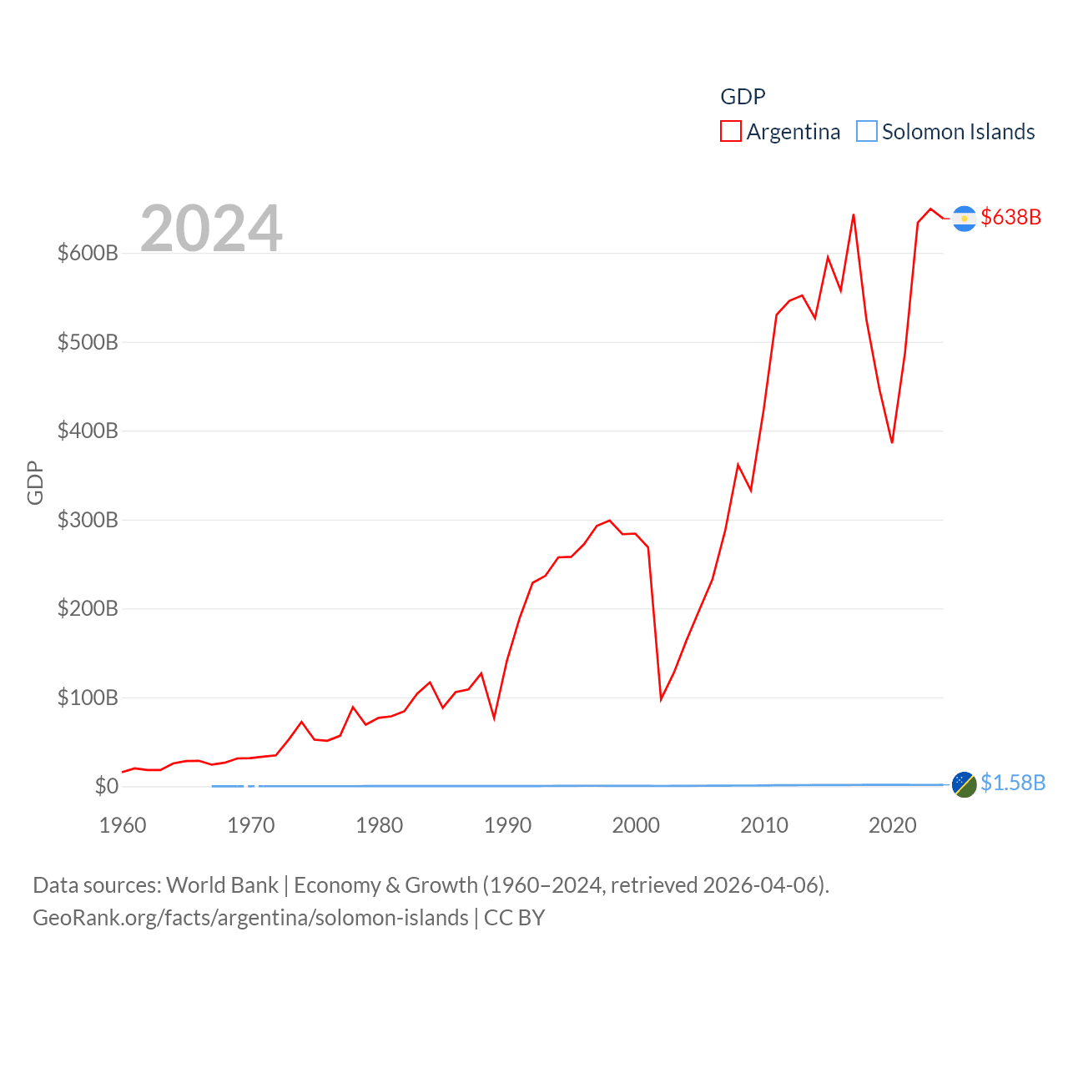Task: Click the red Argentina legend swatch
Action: pyautogui.click(x=731, y=132)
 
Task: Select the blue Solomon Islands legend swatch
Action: pyautogui.click(x=867, y=132)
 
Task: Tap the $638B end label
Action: pyautogui.click(x=1010, y=217)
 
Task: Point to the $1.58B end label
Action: pyautogui.click(x=1012, y=783)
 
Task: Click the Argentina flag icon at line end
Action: pyautogui.click(x=964, y=218)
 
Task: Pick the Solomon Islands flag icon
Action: pyautogui.click(x=964, y=784)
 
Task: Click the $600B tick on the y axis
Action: pyautogui.click(x=88, y=253)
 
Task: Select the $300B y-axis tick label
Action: pyautogui.click(x=88, y=520)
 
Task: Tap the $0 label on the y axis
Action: pyautogui.click(x=107, y=786)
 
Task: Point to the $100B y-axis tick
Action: pyautogui.click(x=88, y=698)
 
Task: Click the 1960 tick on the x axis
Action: pyautogui.click(x=123, y=825)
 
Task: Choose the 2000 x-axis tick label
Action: pyautogui.click(x=636, y=825)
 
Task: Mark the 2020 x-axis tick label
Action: pyautogui.click(x=892, y=825)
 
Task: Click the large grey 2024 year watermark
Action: pyautogui.click(x=211, y=228)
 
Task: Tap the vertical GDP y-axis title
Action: pyautogui.click(x=35, y=482)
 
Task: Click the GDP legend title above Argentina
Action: pyautogui.click(x=743, y=97)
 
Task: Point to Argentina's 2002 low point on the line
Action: pyautogui.click(x=661, y=698)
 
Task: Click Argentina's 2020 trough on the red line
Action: pyautogui.click(x=892, y=442)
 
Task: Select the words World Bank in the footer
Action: pyautogui.click(x=222, y=884)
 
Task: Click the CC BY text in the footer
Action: pyautogui.click(x=514, y=918)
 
